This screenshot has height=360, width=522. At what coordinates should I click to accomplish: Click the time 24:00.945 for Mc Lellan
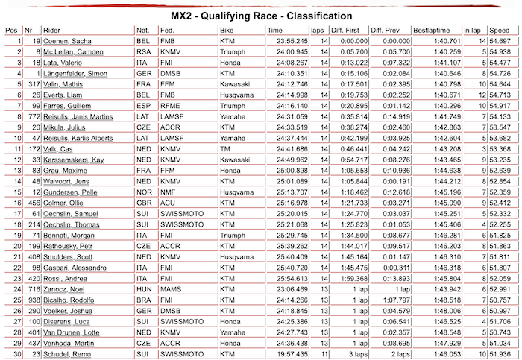(x=283, y=51)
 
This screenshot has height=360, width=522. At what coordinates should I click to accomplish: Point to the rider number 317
(x=32, y=85)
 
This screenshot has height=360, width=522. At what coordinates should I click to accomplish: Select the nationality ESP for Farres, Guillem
(x=143, y=107)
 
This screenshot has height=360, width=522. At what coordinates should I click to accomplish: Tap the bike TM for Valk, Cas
(x=226, y=150)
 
